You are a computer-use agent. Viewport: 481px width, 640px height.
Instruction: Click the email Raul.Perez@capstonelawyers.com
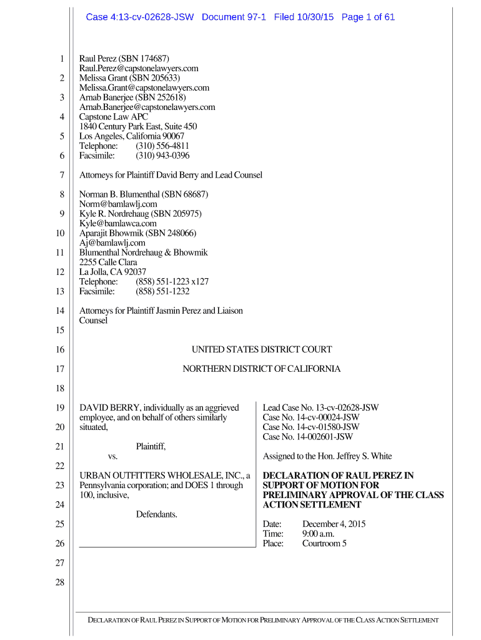point(139,68)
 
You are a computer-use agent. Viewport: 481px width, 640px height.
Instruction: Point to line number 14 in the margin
point(60,311)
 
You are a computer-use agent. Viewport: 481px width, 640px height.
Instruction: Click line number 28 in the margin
point(60,582)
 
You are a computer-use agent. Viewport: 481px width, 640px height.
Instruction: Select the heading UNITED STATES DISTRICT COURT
point(262,349)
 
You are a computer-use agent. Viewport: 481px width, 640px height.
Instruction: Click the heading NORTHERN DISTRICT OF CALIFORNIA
point(262,369)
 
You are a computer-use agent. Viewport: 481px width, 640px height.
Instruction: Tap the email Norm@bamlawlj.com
point(118,204)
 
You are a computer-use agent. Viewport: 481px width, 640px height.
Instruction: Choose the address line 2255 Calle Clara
point(108,262)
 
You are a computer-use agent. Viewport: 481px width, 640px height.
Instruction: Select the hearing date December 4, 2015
point(334,524)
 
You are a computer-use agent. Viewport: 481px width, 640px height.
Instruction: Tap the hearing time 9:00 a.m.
point(319,534)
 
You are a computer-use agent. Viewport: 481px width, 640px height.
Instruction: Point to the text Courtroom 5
point(325,544)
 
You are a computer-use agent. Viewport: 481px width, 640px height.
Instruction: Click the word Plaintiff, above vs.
point(151,446)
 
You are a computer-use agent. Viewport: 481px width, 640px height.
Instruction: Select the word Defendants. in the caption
point(157,514)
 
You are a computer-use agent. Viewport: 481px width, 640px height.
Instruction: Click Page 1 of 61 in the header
point(368,17)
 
